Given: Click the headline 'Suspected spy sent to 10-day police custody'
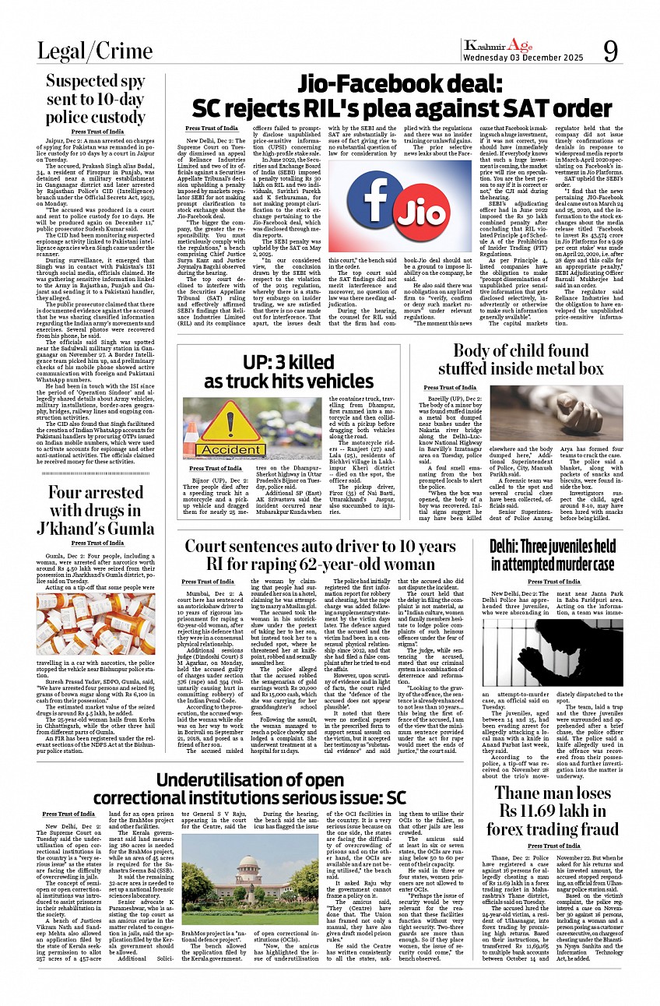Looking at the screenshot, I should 96,100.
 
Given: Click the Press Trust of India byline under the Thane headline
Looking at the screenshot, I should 554,846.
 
